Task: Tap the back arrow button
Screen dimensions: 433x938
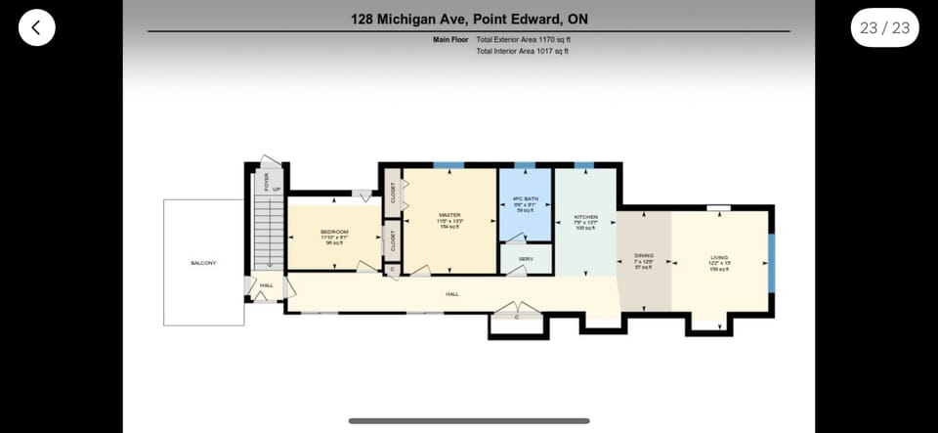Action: [36, 27]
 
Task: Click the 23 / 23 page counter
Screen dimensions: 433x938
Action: [884, 27]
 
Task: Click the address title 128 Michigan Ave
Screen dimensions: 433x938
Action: [469, 19]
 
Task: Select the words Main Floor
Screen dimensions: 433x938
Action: [451, 40]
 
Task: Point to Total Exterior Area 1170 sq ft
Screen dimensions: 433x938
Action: [523, 40]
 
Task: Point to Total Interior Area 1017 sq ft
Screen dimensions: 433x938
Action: [522, 51]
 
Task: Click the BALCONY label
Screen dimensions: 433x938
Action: [203, 263]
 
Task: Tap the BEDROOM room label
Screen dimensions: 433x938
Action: [334, 233]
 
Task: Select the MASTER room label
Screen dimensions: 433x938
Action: [449, 215]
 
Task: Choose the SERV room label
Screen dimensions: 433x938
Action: [526, 259]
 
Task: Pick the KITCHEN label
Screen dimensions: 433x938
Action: [584, 217]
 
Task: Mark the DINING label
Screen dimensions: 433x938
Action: [644, 256]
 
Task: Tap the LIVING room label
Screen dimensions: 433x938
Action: [719, 257]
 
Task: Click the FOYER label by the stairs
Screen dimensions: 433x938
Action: [266, 181]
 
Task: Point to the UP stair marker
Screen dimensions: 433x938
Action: [277, 189]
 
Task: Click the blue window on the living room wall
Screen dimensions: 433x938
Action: [771, 261]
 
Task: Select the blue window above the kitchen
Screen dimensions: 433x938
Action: [584, 166]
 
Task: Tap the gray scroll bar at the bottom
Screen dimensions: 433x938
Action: [469, 421]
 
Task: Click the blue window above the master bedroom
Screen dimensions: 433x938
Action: [448, 166]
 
